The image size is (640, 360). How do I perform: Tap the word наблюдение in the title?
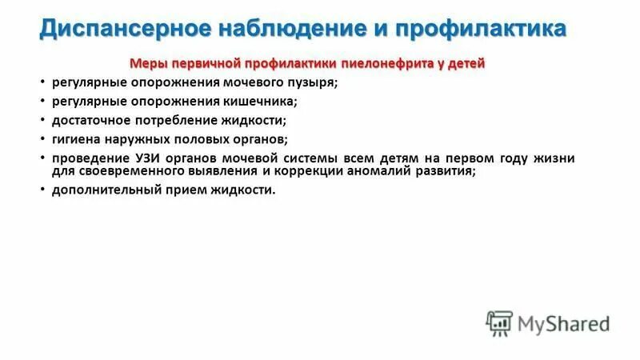click(x=268, y=30)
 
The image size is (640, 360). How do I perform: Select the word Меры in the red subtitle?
click(x=146, y=63)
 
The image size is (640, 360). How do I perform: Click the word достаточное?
click(x=88, y=120)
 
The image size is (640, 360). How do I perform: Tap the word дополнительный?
click(x=100, y=190)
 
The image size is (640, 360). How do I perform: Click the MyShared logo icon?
click(x=498, y=322)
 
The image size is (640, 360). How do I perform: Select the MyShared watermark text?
click(x=564, y=323)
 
